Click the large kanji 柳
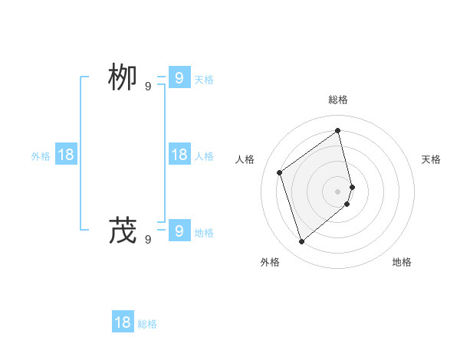click(123, 79)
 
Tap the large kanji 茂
click(123, 231)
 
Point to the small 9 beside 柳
click(148, 87)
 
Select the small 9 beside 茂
click(148, 239)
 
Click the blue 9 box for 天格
click(179, 78)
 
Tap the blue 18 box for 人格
click(179, 155)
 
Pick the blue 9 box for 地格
click(179, 230)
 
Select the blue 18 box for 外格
click(66, 155)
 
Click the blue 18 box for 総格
click(123, 322)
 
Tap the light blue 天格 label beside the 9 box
click(204, 80)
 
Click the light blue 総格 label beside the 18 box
click(147, 324)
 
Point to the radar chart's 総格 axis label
click(338, 100)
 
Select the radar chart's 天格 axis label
click(431, 159)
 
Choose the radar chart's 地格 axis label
click(402, 262)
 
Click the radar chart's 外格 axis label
click(270, 262)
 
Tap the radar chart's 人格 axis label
click(245, 159)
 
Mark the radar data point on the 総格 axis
click(338, 130)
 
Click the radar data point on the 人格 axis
click(280, 172)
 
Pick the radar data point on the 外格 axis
click(301, 242)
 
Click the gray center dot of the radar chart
click(338, 191)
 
